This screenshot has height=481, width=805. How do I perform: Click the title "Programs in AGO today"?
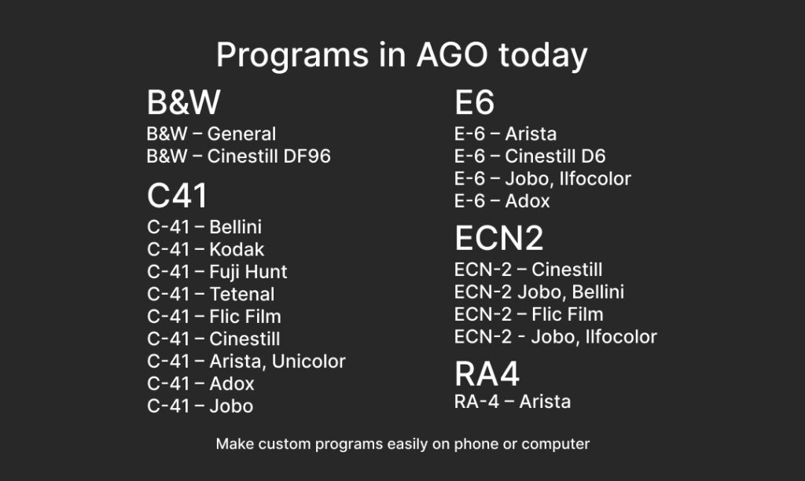click(402, 55)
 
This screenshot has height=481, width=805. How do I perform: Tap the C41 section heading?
click(178, 196)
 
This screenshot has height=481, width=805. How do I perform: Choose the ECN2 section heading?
click(499, 238)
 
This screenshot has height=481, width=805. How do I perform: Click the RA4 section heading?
click(487, 373)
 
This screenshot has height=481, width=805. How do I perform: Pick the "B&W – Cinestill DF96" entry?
click(239, 156)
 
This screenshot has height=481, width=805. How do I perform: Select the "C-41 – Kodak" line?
click(205, 249)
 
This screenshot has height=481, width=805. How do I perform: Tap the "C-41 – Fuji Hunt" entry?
click(217, 272)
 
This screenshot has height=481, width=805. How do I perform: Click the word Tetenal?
click(242, 294)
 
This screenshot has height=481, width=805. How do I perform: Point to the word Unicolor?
click(308, 362)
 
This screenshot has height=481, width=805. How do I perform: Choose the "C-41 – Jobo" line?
click(200, 406)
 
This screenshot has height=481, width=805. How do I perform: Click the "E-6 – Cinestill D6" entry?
click(530, 156)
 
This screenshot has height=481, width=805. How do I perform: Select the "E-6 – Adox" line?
click(502, 200)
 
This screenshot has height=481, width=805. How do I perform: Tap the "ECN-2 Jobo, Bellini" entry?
click(539, 292)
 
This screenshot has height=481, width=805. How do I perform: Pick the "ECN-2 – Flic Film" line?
click(529, 314)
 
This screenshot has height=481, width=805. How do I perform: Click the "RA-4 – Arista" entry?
click(513, 402)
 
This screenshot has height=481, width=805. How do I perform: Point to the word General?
click(242, 134)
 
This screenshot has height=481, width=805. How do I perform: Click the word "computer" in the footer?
click(556, 445)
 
